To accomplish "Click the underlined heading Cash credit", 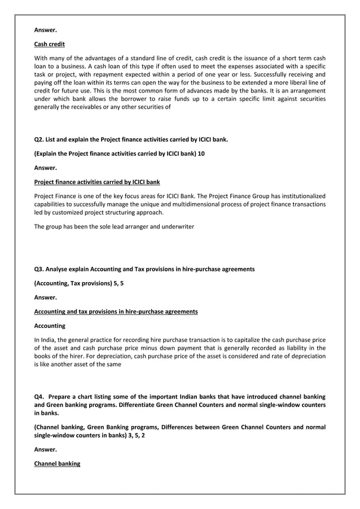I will (50, 44).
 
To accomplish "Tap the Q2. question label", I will (40, 138).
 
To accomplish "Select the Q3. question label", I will (40, 269).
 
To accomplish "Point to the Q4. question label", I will (40, 397).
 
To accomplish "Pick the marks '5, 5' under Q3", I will (118, 283).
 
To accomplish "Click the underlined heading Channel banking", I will (57, 464).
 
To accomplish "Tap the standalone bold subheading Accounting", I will (50, 326).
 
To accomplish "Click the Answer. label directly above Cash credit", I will (46, 29).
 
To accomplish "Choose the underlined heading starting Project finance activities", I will (97, 182).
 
